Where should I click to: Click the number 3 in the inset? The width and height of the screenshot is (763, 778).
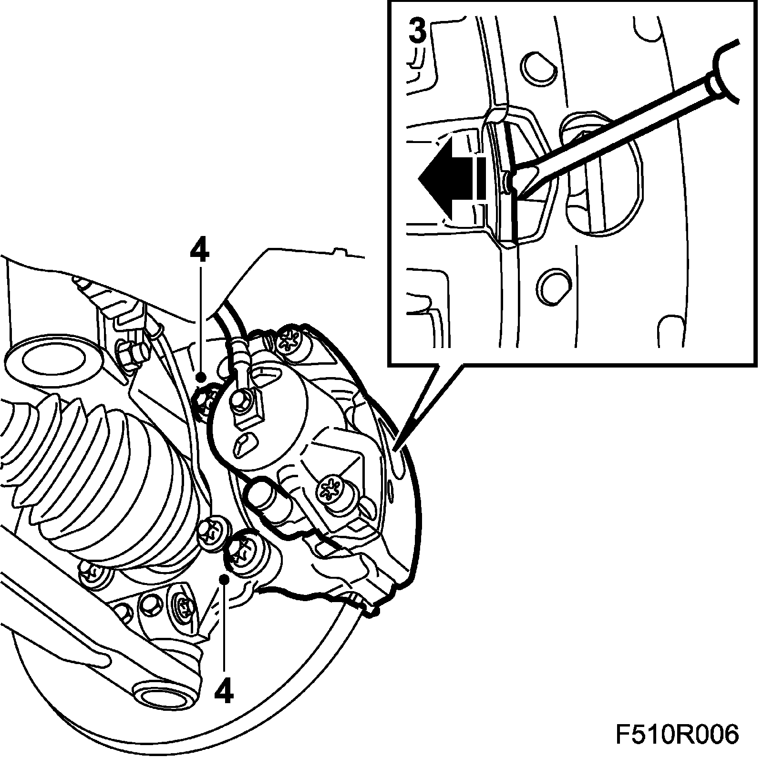418,32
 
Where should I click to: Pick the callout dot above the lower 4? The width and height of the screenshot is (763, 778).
224,579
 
